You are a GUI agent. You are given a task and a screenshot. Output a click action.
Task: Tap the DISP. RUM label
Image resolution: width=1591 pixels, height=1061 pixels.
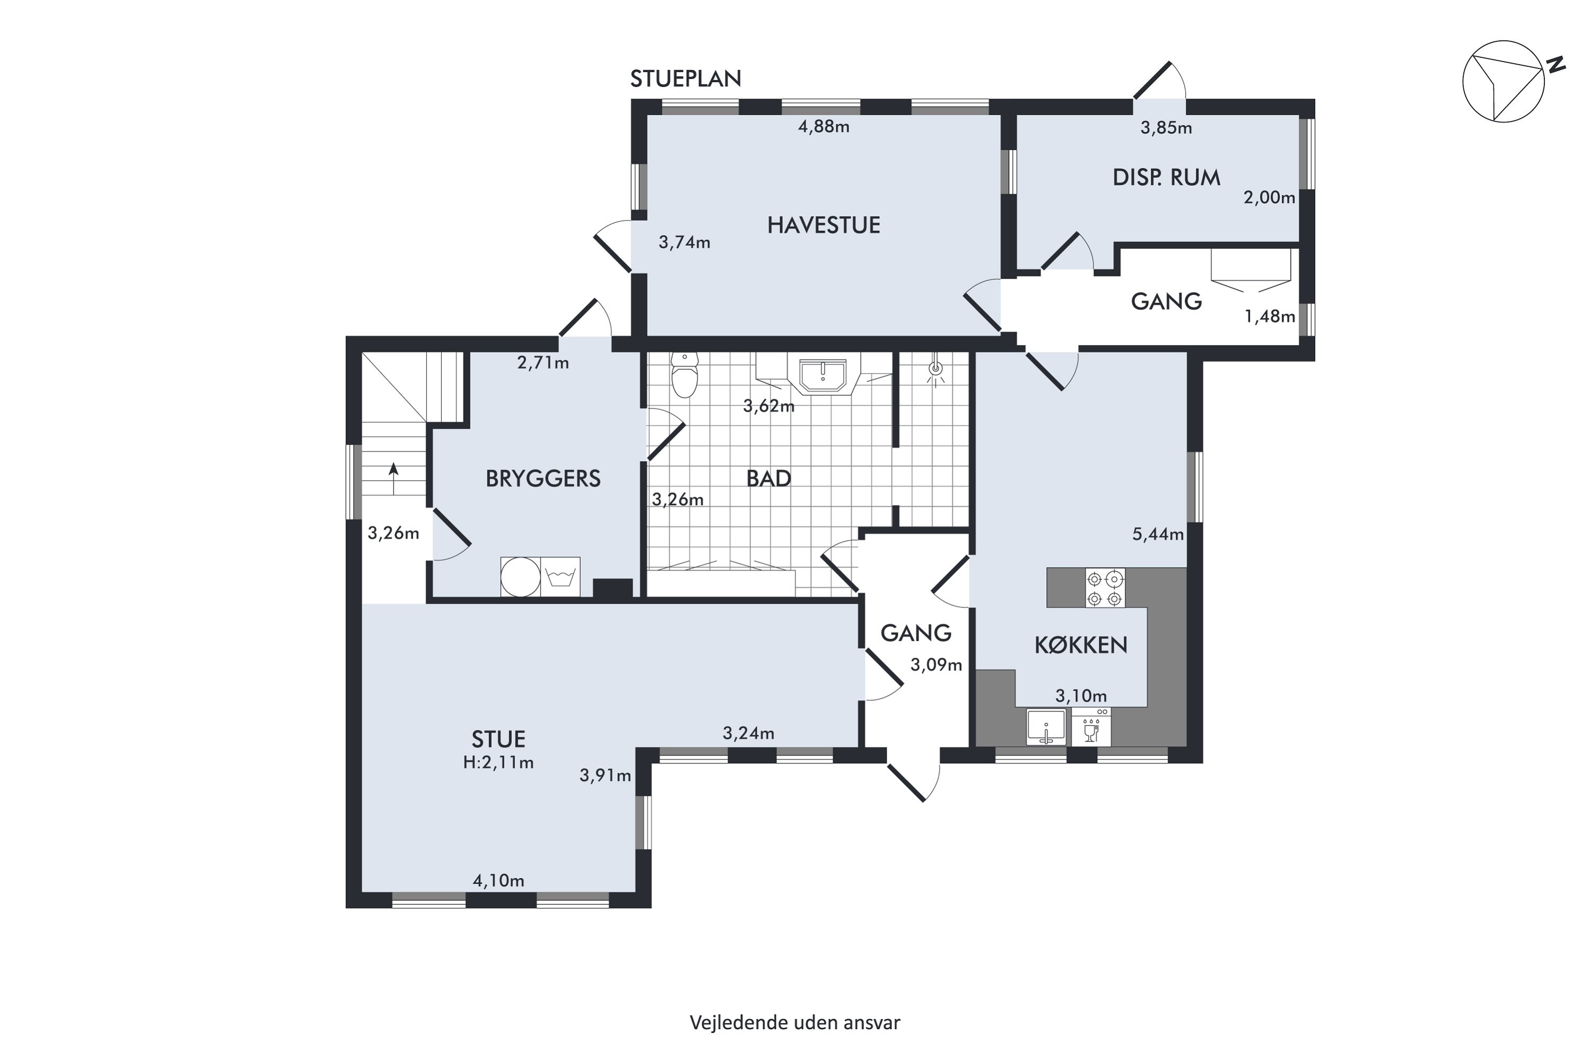[1166, 178]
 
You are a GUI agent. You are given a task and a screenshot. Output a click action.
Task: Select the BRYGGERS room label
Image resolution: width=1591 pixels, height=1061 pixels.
[543, 479]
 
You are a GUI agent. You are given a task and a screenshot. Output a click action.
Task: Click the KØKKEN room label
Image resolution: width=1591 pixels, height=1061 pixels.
[1081, 646]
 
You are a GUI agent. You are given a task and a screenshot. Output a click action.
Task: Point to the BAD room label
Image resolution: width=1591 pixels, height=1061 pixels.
[768, 479]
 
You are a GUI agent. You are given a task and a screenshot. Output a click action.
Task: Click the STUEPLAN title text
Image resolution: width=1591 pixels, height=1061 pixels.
[685, 79]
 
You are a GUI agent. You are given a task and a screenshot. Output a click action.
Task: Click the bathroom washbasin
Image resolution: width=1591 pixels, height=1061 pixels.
[823, 376]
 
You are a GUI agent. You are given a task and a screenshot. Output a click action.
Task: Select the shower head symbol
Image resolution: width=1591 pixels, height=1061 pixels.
[936, 369]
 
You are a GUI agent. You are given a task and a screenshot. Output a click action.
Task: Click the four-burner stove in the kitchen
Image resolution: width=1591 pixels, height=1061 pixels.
[1105, 588]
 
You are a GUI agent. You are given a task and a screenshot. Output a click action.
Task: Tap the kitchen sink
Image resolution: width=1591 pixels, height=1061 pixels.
[1046, 727]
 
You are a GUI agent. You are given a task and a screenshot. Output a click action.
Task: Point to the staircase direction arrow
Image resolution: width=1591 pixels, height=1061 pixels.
[393, 479]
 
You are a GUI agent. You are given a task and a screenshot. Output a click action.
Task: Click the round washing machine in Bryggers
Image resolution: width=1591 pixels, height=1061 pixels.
[520, 577]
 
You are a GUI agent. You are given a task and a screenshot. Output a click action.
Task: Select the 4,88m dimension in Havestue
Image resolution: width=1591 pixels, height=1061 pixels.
[823, 127]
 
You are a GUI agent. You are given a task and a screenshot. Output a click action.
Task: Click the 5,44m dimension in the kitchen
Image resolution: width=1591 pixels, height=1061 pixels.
[1158, 535]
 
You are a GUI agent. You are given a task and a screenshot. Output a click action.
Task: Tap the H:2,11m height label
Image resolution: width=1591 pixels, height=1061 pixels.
[499, 763]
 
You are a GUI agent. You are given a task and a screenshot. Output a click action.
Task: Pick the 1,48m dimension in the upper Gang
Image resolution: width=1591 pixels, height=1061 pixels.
[1270, 317]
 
